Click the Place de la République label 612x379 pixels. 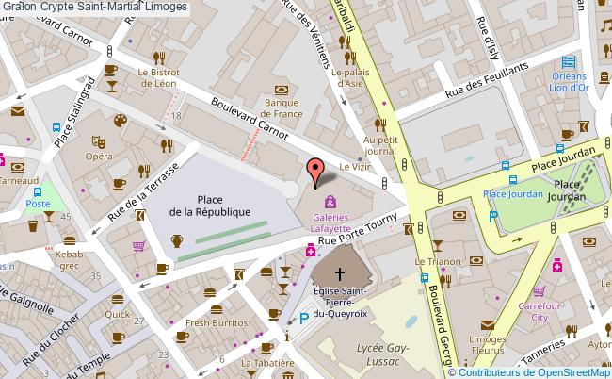[210, 205]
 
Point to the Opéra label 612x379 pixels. [95, 156]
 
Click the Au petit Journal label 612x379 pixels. [380, 144]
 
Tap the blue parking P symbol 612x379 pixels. [303, 320]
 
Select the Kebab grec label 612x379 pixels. [70, 260]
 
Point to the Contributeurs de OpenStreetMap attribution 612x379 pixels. [531, 371]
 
